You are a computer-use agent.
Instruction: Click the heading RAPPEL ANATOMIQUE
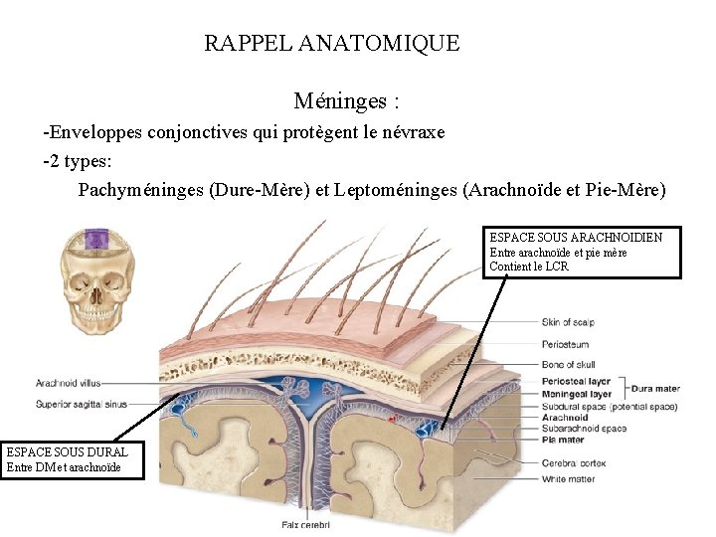click(x=331, y=43)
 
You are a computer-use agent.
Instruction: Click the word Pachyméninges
click(x=139, y=190)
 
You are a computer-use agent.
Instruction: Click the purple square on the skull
click(x=96, y=239)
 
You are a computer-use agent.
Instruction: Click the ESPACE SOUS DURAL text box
click(x=74, y=459)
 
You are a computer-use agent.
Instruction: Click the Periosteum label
click(x=566, y=344)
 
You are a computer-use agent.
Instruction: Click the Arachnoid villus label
click(x=68, y=383)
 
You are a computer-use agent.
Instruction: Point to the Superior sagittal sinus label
click(x=82, y=405)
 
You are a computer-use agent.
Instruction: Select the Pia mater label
click(x=563, y=440)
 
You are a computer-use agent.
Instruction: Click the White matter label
click(x=567, y=478)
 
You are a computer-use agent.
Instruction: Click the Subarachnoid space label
click(x=584, y=429)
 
